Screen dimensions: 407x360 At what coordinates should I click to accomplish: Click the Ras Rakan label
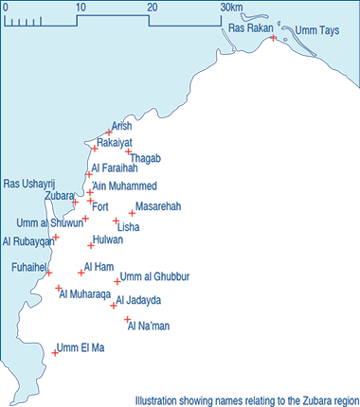pos(251,28)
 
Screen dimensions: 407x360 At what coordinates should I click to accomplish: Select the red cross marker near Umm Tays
pos(273,38)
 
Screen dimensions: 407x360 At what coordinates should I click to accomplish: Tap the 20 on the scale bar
pos(152,8)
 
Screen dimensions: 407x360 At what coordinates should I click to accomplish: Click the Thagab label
pos(147,158)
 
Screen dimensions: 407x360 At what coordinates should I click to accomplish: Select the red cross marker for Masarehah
pos(132,213)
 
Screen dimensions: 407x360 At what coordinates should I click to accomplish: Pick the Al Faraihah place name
pos(115,168)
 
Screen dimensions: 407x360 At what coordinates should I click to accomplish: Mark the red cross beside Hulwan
pos(92,244)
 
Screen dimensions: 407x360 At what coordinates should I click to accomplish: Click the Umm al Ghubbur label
pos(155,276)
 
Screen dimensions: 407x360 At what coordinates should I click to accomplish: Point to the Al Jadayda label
pos(138,300)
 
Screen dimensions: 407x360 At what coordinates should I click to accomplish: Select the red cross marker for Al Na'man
pos(126,320)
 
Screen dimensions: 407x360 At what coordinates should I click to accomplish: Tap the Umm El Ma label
pos(81,347)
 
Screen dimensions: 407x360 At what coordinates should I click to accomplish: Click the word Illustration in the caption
pos(158,400)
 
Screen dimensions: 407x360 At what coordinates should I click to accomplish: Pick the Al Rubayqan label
pos(27,241)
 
